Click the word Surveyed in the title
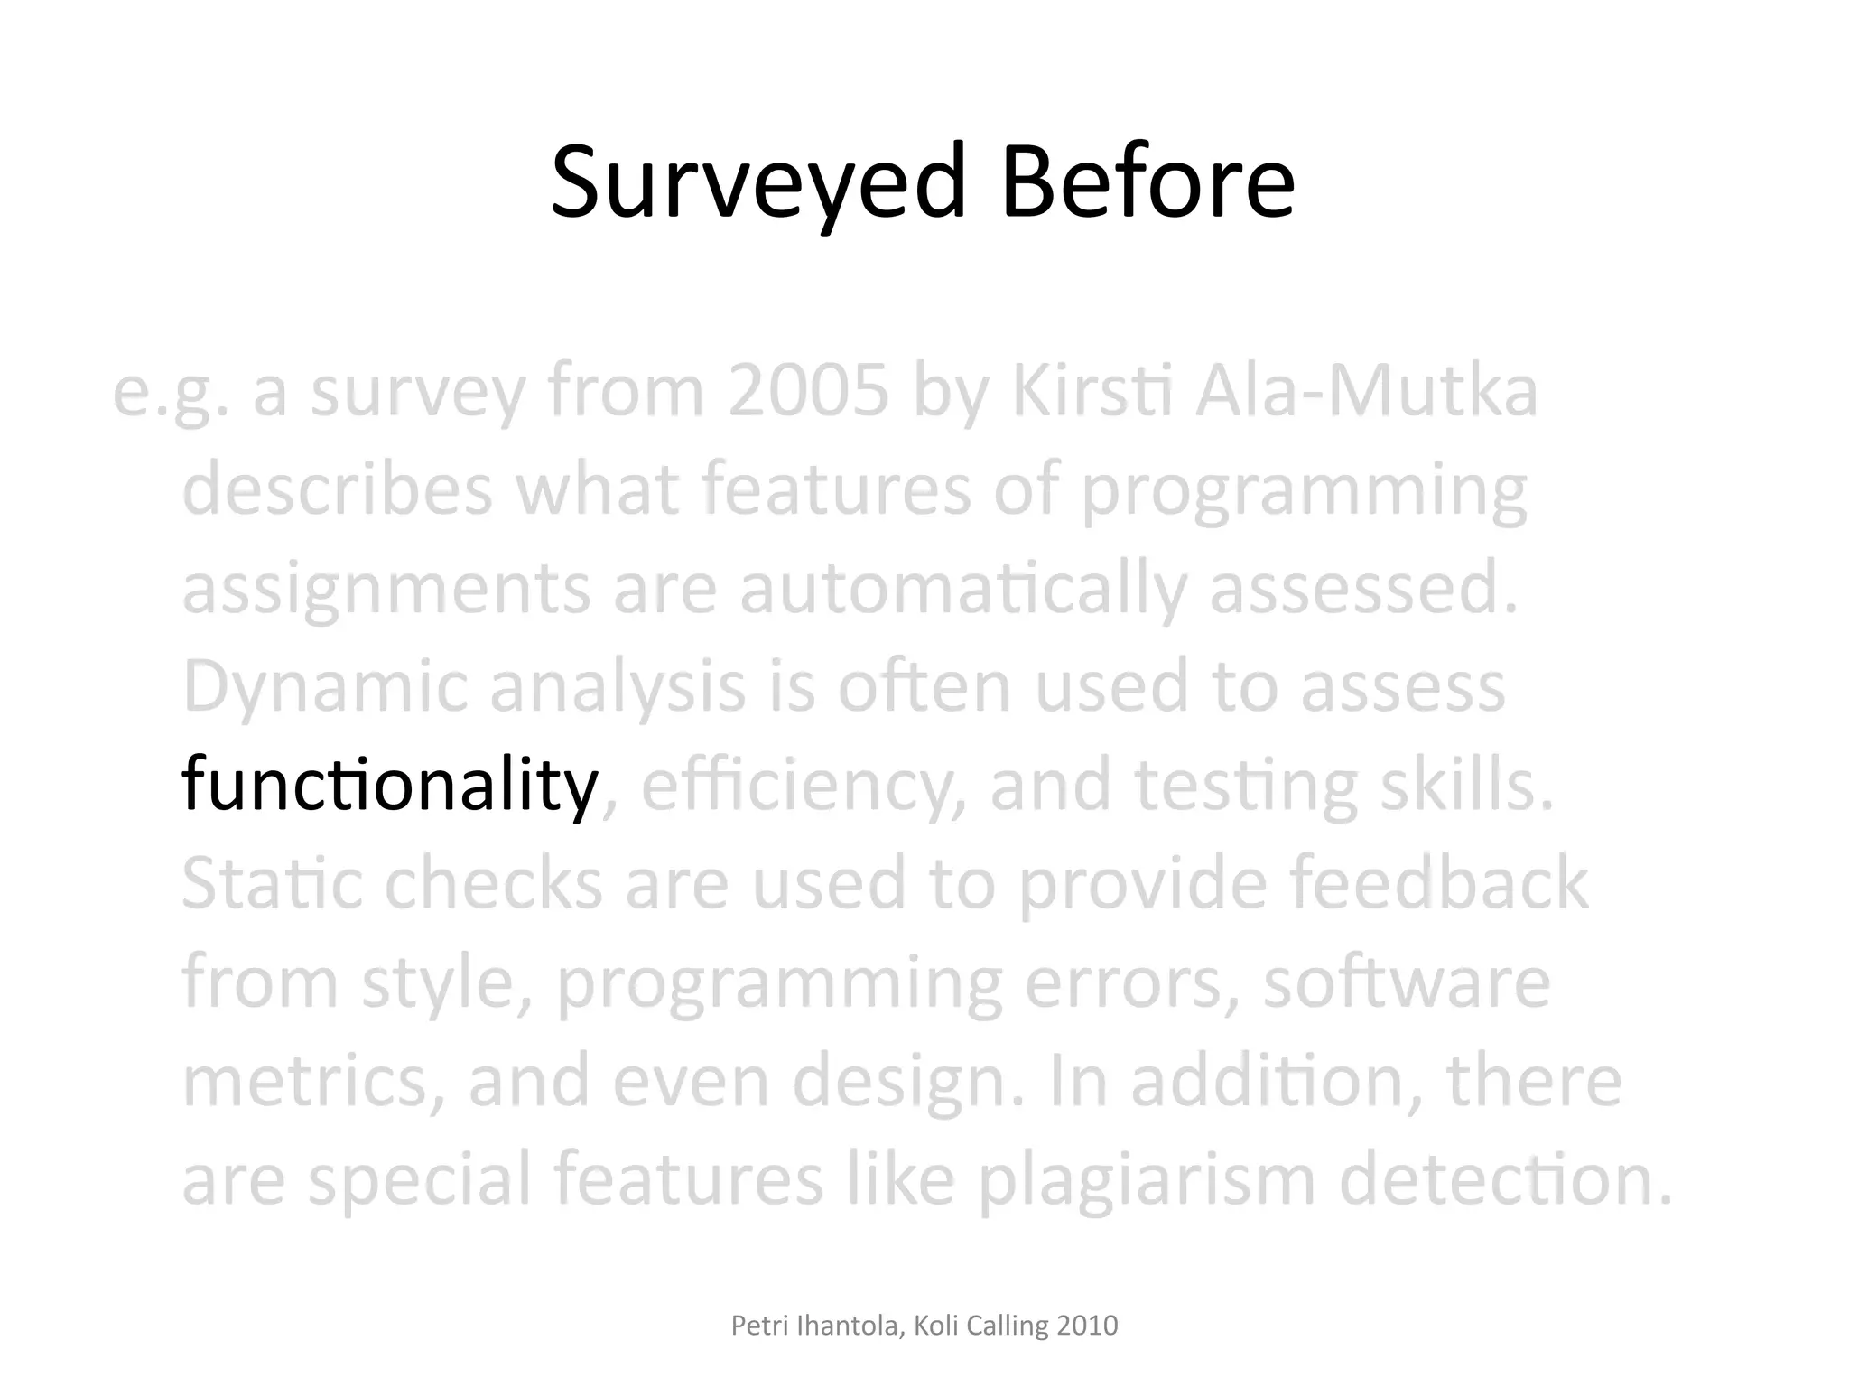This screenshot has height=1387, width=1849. tap(757, 183)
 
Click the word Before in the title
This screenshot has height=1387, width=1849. tap(1147, 183)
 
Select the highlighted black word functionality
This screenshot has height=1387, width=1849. tap(389, 785)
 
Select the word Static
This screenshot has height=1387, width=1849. tap(272, 884)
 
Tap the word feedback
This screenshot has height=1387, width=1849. tap(1438, 884)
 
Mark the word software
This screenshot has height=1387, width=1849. tap(1406, 982)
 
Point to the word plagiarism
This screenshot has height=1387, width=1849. tap(1147, 1180)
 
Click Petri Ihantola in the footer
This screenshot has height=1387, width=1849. tap(816, 1326)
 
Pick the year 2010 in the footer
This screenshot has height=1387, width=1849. tap(1087, 1326)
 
